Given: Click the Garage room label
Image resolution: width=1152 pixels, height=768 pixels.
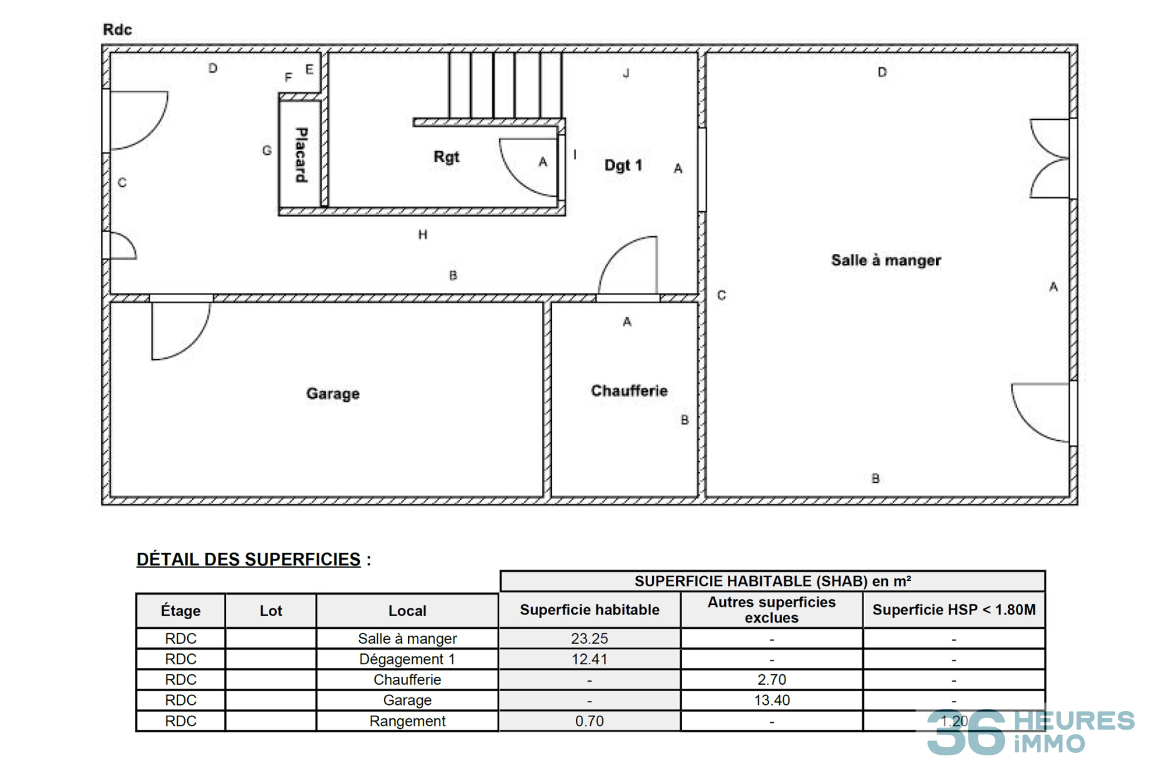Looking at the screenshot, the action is [x=333, y=394].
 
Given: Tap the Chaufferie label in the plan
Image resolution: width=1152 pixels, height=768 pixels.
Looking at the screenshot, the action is [x=629, y=391].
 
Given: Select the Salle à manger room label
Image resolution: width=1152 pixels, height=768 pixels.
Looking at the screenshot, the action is [x=886, y=260].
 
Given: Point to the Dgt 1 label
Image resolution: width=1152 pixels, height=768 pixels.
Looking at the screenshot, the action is [x=623, y=165].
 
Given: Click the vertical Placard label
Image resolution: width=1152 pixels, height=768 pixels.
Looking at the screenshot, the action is [x=301, y=155].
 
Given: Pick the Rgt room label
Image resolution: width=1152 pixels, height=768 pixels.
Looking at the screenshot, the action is [x=446, y=157].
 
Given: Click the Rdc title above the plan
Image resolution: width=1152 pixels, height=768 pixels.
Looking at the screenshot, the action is [x=117, y=29].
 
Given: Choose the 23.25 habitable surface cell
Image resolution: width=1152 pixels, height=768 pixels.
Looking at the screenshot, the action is [x=589, y=638].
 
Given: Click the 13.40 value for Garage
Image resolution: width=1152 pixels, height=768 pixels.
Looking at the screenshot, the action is [x=772, y=700].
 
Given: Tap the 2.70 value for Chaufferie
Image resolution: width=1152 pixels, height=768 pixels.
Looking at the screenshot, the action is [x=772, y=680].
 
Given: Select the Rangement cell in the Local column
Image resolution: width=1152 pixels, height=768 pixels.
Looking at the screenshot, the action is [x=407, y=721].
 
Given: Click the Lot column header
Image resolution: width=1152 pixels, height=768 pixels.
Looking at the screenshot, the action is [x=271, y=611].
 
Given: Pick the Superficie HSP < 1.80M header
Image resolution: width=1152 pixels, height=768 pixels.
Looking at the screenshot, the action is [x=954, y=610].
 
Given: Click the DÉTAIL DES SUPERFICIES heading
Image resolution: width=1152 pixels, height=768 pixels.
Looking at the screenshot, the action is [x=248, y=559].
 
